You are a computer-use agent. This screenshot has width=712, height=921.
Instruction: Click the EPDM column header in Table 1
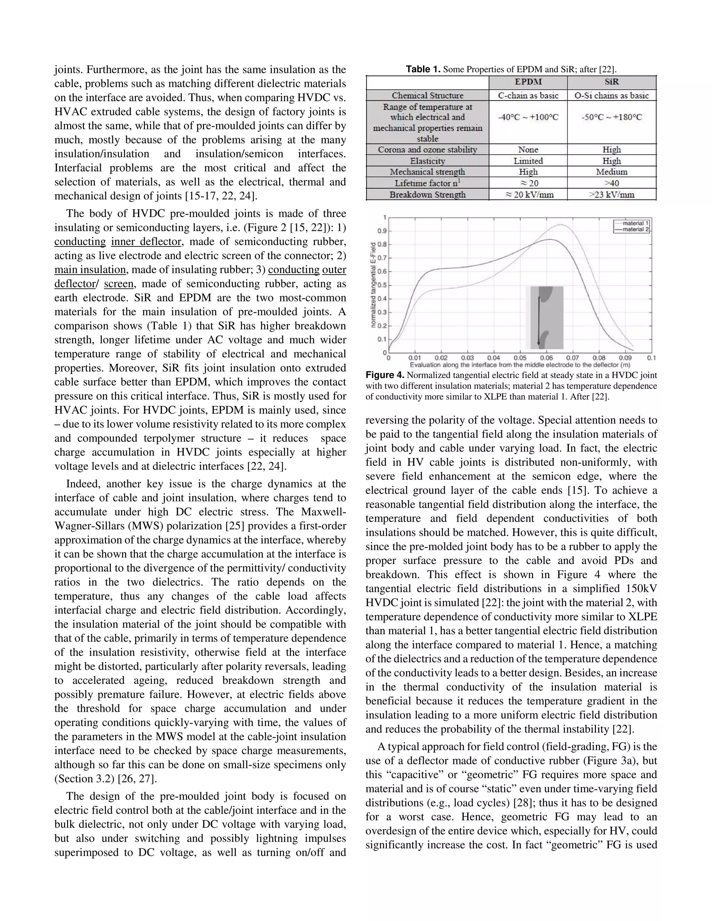coord(528,82)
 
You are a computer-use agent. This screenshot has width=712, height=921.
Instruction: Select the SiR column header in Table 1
coord(611,82)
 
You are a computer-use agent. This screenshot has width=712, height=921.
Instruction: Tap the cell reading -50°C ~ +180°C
coord(611,117)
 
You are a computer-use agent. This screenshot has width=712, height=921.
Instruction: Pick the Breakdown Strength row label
coord(427,194)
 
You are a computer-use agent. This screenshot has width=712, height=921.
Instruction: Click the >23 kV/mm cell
coord(611,194)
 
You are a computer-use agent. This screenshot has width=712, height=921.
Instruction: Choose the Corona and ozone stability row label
coord(427,149)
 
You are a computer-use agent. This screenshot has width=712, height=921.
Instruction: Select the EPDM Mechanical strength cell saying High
coord(528,172)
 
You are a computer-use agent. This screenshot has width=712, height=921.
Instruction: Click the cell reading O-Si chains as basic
coord(611,95)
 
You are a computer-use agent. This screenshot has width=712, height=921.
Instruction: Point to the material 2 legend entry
coord(635,229)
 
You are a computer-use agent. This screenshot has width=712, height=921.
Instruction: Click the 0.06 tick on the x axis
coord(546,358)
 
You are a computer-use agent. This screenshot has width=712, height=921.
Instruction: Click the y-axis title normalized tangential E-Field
coord(373,285)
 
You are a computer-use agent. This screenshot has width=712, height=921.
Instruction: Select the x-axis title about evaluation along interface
coord(520,365)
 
